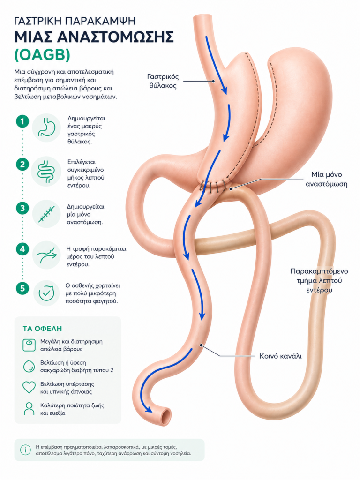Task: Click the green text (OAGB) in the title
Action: tap(42, 55)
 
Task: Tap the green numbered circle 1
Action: tap(22, 121)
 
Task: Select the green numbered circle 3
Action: tap(22, 209)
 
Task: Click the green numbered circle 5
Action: tap(22, 288)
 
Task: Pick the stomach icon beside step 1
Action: tap(46, 127)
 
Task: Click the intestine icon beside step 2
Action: tap(46, 172)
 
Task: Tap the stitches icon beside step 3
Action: tap(46, 214)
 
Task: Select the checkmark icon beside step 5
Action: tap(46, 293)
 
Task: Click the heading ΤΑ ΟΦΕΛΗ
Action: tap(42, 329)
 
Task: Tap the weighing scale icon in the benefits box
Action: tap(29, 345)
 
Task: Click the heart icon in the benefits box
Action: tap(29, 387)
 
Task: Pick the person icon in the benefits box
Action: tap(29, 409)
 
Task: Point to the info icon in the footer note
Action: tap(25, 450)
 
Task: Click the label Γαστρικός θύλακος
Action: tap(163, 81)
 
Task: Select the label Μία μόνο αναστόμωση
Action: tap(326, 179)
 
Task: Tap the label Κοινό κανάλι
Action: tap(280, 356)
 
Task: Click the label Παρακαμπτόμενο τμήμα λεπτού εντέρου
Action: tap(319, 280)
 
